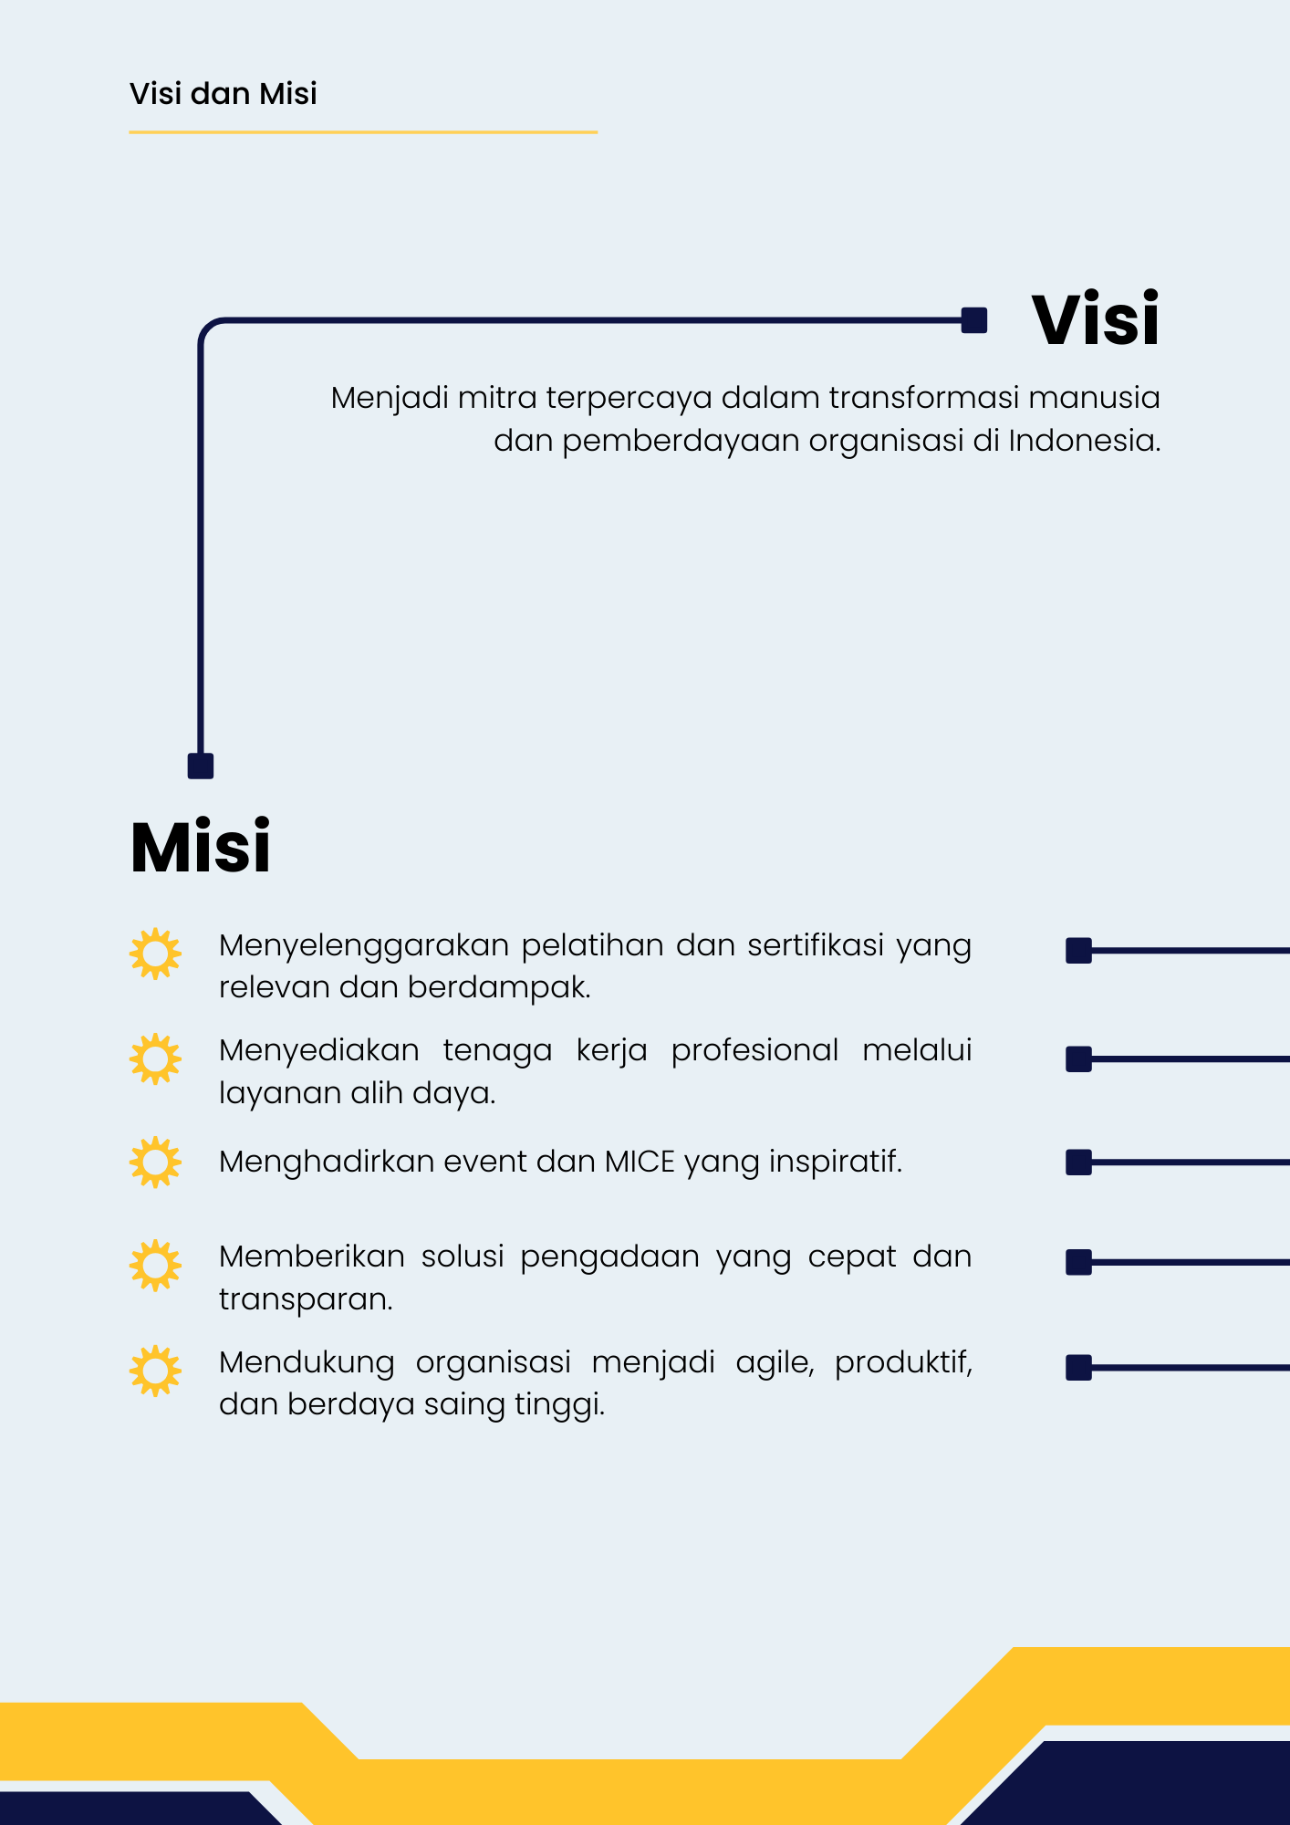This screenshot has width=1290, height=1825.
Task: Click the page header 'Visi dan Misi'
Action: click(224, 93)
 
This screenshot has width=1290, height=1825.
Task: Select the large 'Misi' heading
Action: click(201, 847)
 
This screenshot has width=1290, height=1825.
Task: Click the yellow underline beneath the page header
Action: click(363, 132)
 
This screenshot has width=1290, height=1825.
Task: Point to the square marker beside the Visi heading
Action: click(974, 320)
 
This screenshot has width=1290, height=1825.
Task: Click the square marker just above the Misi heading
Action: click(201, 766)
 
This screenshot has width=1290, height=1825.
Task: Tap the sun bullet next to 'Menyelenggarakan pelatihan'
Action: click(155, 954)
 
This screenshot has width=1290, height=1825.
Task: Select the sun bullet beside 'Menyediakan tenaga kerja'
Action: click(155, 1058)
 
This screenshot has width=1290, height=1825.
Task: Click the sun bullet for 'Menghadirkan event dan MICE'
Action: click(155, 1162)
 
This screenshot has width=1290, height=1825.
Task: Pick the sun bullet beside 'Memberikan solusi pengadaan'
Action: click(155, 1265)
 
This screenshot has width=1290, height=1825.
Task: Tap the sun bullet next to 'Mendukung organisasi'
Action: click(155, 1371)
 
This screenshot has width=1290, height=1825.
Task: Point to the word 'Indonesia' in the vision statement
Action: click(1085, 441)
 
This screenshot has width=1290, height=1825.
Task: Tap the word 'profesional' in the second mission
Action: click(754, 1051)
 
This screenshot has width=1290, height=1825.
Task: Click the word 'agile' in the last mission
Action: click(775, 1363)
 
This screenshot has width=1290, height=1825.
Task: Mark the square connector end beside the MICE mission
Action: click(1079, 1163)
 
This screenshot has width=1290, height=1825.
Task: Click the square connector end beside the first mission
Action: click(1079, 951)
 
